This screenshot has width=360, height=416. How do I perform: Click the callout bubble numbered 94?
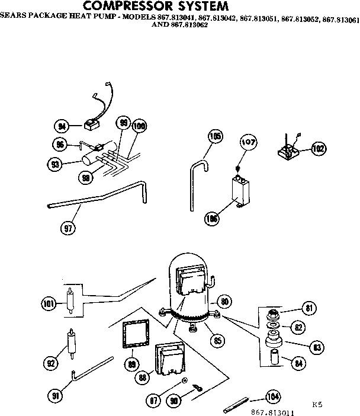[x=60, y=126]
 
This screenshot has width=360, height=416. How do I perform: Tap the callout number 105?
[x=216, y=137]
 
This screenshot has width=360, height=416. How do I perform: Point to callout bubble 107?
[x=248, y=142]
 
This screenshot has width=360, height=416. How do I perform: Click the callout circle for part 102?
[x=318, y=149]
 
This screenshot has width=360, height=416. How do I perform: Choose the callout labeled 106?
[x=211, y=218]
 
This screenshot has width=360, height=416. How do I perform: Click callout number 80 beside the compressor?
[x=224, y=300]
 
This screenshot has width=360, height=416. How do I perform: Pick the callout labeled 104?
[x=272, y=396]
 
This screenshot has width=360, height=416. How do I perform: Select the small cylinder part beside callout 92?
[x=71, y=343]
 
